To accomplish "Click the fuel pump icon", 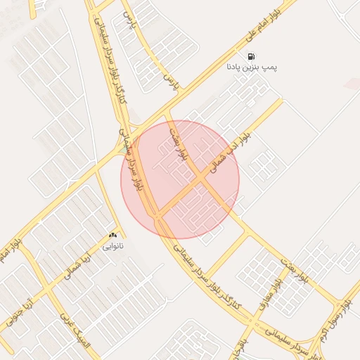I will (251, 56).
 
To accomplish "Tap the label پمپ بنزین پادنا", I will (251, 67).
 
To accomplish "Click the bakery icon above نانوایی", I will (112, 235).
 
